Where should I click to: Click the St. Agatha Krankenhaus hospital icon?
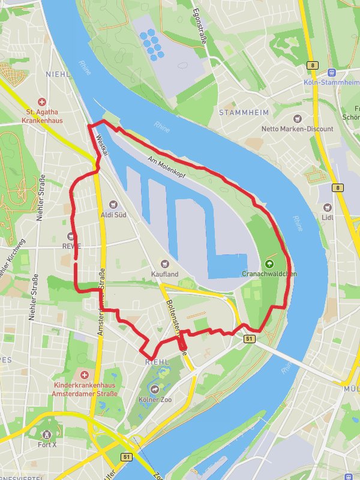coord(41,102)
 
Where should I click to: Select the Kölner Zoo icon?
coord(155,389)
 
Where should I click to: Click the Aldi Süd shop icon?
coord(113,205)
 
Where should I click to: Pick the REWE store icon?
coord(71,236)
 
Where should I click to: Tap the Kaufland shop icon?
coord(164,263)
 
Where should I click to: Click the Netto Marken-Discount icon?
coord(297,119)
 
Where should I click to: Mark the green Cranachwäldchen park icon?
coord(269,263)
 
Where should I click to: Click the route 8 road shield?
coord(313,64)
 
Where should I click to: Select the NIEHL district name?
coord(57,75)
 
